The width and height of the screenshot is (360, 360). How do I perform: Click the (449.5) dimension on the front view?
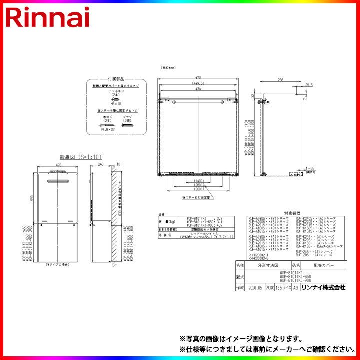tap(199, 83)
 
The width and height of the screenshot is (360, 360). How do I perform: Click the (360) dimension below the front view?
tap(199, 189)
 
